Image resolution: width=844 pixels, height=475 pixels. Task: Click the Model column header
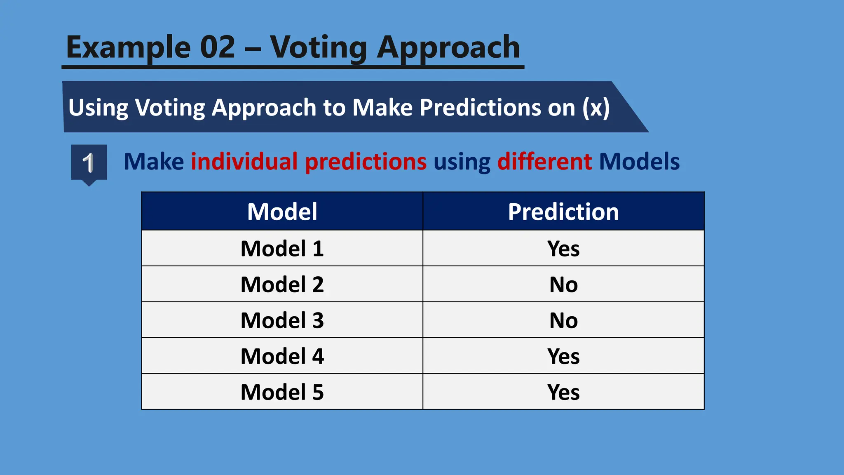coord(282,212)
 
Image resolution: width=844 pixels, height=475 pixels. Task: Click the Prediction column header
coord(563,212)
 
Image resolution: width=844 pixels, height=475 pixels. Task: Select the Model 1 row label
coord(282,249)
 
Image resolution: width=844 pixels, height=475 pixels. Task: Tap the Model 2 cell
coord(282,285)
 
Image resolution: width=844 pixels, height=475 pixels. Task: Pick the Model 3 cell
coord(282,320)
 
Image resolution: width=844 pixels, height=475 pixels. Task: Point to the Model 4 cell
coord(282,356)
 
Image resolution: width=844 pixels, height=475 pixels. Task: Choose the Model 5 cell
coord(282,392)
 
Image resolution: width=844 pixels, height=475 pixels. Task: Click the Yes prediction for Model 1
coord(563,249)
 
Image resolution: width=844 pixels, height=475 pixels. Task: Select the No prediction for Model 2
coord(563,285)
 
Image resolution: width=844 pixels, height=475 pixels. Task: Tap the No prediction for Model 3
coord(563,320)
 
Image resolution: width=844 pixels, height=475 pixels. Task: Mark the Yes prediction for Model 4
coord(563,356)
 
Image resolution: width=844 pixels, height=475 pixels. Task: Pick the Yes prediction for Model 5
coord(563,392)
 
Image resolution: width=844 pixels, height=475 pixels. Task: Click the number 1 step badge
coord(89,163)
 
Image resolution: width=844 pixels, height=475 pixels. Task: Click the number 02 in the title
coord(217,47)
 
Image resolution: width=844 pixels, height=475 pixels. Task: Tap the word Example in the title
coord(128,48)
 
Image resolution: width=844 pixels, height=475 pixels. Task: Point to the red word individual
coord(244,161)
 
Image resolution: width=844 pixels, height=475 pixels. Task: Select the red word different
coord(544,161)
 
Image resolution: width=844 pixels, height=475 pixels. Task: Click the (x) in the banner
coord(595,108)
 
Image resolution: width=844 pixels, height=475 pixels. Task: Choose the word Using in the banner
coord(98,108)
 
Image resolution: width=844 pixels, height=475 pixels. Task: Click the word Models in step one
coord(639,161)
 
